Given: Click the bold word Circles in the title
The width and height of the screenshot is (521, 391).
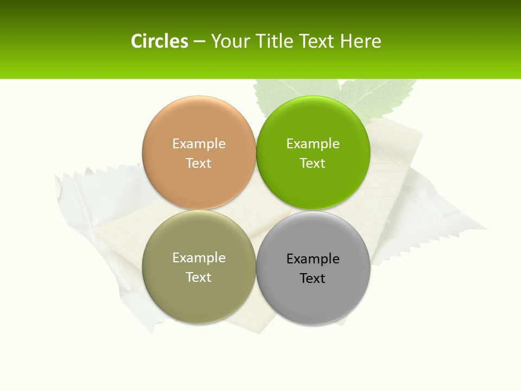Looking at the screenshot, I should pos(160,41).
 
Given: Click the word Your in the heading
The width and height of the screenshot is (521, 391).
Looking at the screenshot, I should pos(229,41).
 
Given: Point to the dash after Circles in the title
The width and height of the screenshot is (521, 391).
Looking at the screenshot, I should pos(199,42).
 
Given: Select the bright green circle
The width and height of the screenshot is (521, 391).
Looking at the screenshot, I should pos(313,185).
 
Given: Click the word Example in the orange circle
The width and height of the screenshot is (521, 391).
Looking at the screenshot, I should pos(199,143).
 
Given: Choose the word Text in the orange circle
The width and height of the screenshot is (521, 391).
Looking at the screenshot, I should pos(199,163).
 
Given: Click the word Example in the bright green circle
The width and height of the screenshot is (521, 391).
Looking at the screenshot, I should pos(313,143).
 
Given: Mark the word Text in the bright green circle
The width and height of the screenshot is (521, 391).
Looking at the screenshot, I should pos(313,163).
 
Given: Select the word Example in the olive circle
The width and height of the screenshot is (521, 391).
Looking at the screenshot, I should pos(199,257).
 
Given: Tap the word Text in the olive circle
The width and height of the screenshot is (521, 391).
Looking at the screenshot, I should pos(199,277).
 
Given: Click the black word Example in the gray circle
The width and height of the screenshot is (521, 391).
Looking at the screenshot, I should pos(313,258).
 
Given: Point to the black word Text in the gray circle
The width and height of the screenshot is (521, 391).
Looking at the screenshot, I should pos(313,278).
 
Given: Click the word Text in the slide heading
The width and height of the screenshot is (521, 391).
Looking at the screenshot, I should pos(317,41).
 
